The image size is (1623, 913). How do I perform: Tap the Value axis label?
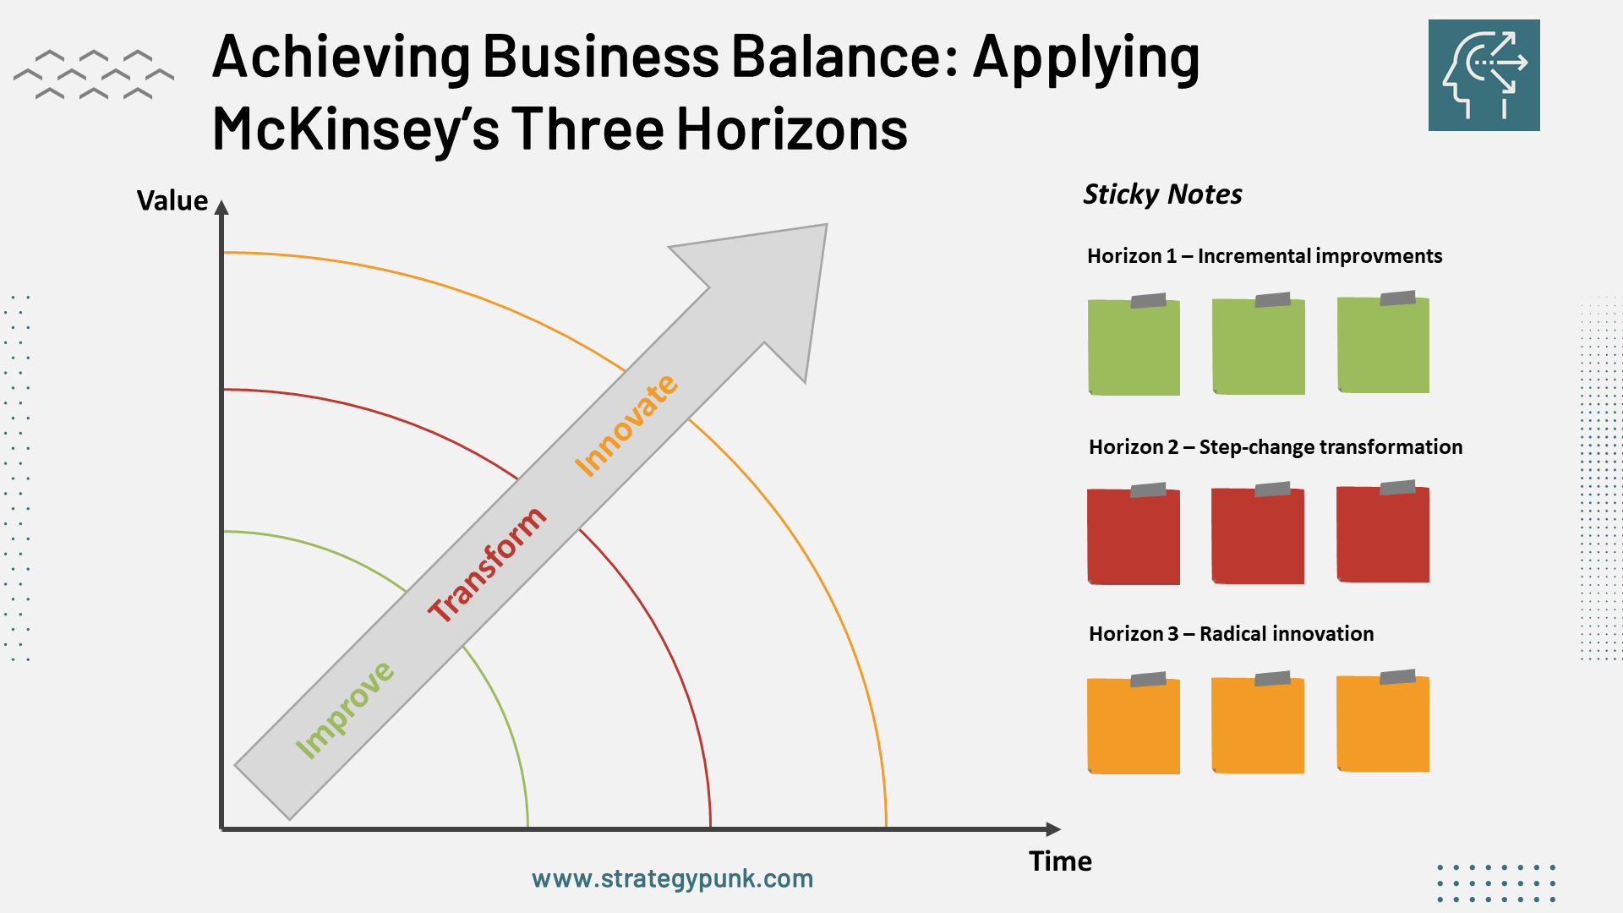pos(172,201)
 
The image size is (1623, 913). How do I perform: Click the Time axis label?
pos(1060,861)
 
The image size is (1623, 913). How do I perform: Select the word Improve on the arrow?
pos(344,710)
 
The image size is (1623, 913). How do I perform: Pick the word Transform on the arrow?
pos(487,564)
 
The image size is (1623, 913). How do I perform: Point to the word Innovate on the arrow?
pos(626,425)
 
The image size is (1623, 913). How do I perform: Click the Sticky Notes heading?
pos(1162,194)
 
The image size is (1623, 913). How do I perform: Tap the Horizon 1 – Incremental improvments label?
pos(1265,256)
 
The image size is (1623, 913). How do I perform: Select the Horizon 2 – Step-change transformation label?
pos(1275,447)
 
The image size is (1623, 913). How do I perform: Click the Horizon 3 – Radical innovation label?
pos(1231,634)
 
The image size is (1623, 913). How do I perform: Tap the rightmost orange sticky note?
pos(1383,724)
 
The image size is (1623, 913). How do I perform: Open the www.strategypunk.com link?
pos(672,879)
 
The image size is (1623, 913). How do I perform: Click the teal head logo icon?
pos(1484,75)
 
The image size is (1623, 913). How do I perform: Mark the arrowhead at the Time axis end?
pos(1053,829)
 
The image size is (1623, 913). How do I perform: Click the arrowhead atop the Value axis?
pos(221,208)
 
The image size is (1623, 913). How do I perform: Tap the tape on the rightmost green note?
pos(1397,298)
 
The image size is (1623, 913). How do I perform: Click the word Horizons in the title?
pos(792,129)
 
